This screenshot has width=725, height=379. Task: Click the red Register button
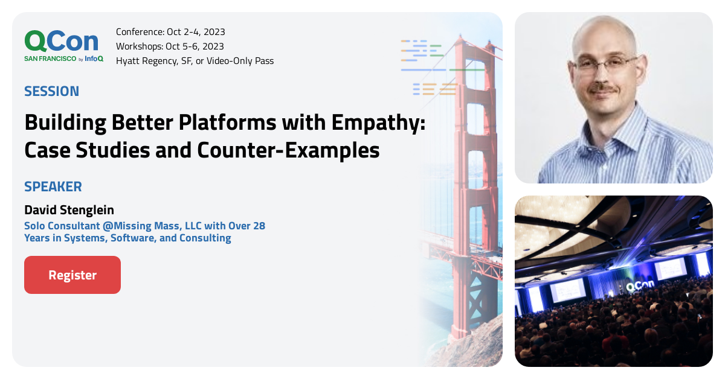coord(72,275)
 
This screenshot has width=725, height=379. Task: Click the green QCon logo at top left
coord(61,41)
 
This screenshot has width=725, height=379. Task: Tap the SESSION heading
coord(51,91)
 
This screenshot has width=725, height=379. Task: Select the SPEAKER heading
coord(53,186)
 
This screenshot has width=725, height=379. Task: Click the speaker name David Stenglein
coord(69,210)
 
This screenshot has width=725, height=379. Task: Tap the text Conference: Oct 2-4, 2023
coord(170,32)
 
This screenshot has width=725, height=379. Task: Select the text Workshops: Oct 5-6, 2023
coord(170,46)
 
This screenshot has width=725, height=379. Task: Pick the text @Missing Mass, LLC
coord(126,226)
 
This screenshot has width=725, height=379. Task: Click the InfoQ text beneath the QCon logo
coord(94,59)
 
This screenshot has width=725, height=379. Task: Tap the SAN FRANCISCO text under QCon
coord(50,59)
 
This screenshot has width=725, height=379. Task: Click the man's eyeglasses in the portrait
coord(605,63)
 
